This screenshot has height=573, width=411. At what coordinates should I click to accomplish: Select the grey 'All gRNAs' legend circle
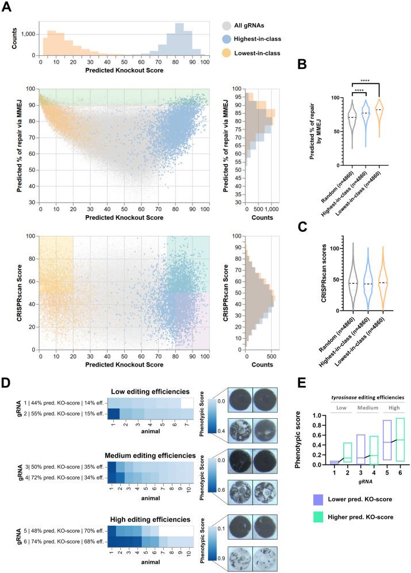(x=228, y=26)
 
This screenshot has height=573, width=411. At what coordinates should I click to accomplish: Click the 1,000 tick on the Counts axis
(x=26, y=34)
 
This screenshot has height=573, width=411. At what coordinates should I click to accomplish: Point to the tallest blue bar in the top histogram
(x=179, y=39)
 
